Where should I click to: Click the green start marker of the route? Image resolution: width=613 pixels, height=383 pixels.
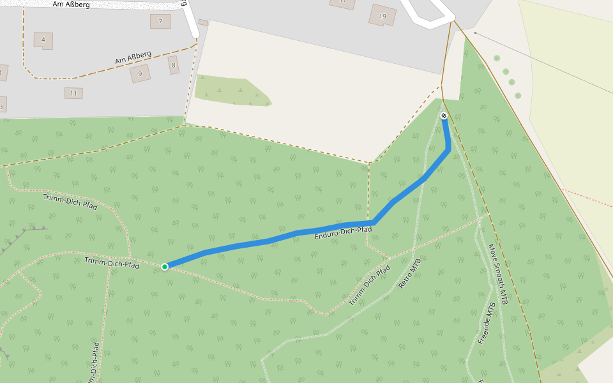tap(165, 266)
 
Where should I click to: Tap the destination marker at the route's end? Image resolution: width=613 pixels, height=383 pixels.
tap(444, 116)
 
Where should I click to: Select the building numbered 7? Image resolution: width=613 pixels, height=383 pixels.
tap(160, 21)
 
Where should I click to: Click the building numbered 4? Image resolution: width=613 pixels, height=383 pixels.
tap(43, 40)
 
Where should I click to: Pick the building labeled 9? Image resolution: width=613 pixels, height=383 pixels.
tap(140, 73)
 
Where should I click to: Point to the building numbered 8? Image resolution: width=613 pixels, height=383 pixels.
tap(172, 64)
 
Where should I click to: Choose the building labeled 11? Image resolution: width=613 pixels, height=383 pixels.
tap(73, 93)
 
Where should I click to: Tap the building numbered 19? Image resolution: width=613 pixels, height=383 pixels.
tap(382, 15)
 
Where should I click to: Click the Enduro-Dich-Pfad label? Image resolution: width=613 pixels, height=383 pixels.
tap(343, 234)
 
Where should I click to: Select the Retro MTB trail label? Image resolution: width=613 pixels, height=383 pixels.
tap(410, 273)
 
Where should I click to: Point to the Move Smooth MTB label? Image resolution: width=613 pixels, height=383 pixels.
tap(498, 274)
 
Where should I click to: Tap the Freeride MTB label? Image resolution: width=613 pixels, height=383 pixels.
tap(487, 324)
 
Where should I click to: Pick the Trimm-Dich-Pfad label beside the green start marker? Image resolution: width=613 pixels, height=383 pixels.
tap(112, 262)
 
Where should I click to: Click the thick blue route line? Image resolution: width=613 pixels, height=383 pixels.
tap(268, 241)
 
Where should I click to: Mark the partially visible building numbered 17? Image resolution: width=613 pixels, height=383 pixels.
tap(342, 3)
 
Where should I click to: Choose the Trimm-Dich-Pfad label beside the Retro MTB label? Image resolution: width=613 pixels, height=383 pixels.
tap(370, 285)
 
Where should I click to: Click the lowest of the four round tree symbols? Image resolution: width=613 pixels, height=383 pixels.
tap(518, 96)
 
